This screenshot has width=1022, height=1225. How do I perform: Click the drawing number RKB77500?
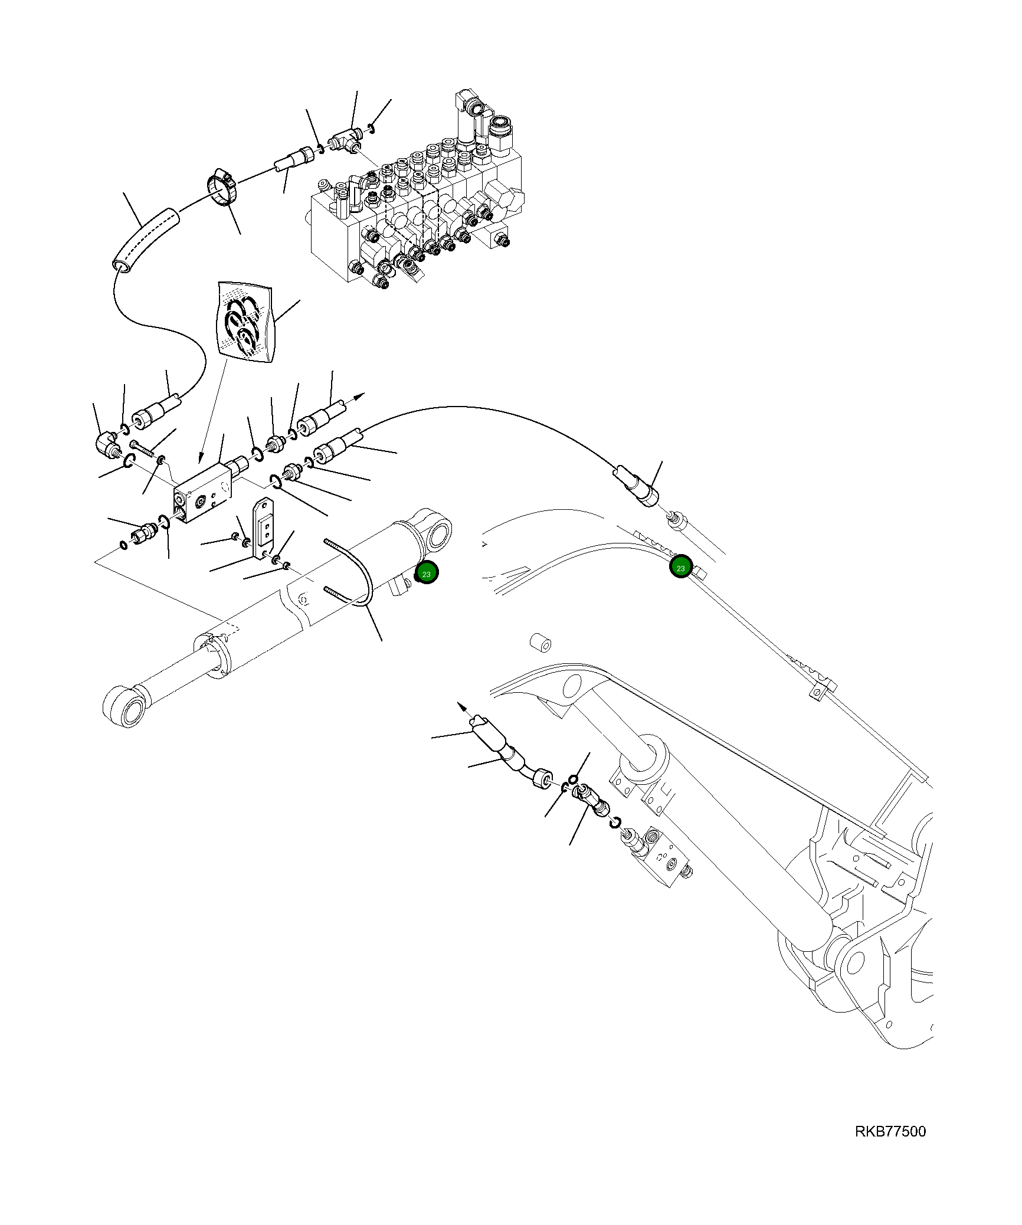click(x=890, y=1132)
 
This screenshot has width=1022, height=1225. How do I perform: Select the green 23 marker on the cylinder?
click(x=427, y=574)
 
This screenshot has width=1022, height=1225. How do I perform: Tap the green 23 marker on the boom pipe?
click(x=680, y=568)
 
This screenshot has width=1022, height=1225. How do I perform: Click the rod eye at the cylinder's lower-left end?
click(x=124, y=706)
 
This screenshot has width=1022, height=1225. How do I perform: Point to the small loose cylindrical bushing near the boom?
click(x=539, y=643)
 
